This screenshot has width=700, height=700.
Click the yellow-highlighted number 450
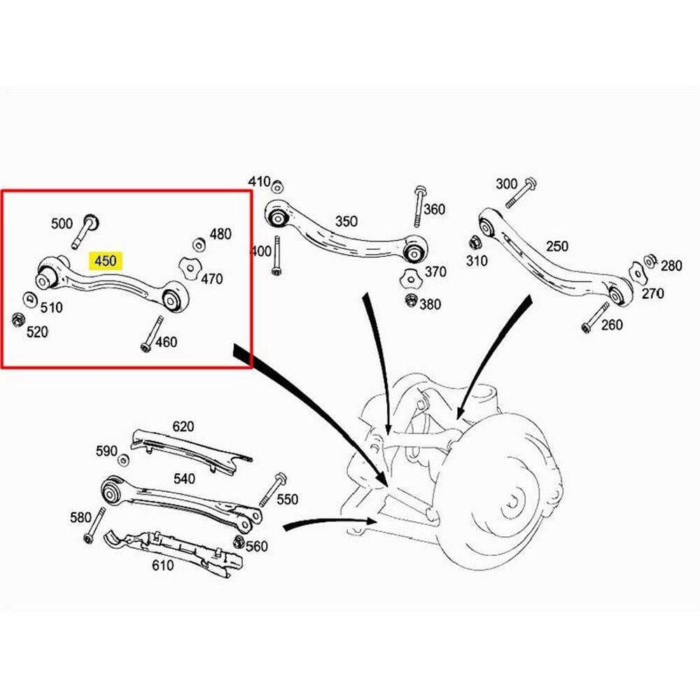click(x=106, y=260)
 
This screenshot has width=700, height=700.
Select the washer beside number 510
click(x=30, y=299)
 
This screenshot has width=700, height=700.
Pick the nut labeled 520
click(x=18, y=320)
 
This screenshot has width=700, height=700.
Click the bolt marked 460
click(x=152, y=333)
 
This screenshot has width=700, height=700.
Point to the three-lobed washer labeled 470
click(x=189, y=269)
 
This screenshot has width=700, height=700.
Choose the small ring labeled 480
click(x=199, y=244)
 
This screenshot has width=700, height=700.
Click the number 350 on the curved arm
click(x=346, y=221)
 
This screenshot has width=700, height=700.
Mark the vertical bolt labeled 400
click(x=276, y=255)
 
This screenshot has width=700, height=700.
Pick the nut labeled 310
click(x=475, y=244)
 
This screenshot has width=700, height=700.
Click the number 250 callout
click(x=556, y=246)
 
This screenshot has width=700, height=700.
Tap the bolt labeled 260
click(x=595, y=318)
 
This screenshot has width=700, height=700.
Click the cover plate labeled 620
click(x=191, y=451)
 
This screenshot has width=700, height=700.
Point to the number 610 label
click(x=162, y=565)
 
